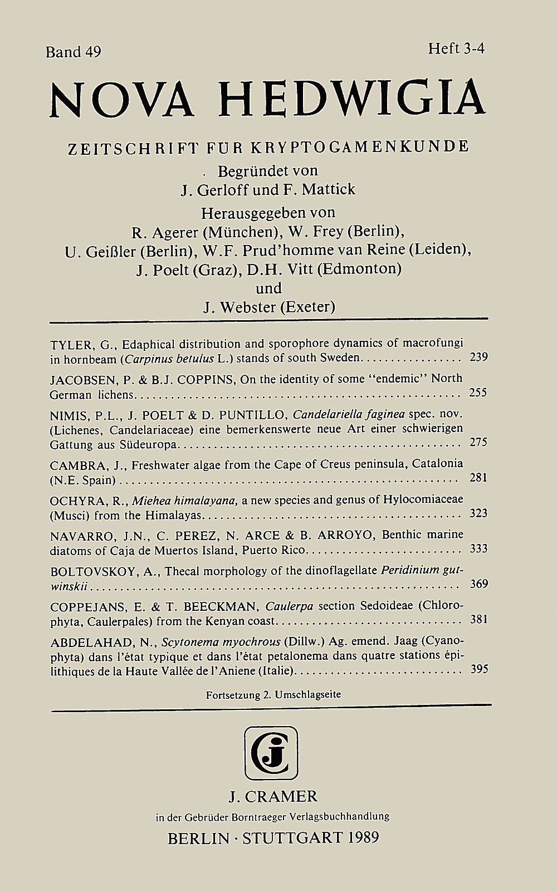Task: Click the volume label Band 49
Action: pos(74,52)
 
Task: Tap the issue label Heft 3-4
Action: pos(456,49)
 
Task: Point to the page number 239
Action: pos(478,357)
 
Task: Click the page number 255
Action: pos(478,393)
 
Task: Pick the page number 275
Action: pos(478,442)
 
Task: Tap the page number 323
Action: pos(478,513)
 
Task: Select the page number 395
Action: pos(478,669)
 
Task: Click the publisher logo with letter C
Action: pos(271,753)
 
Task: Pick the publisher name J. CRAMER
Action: pos(273,796)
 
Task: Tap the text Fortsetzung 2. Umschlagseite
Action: pos(273,695)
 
